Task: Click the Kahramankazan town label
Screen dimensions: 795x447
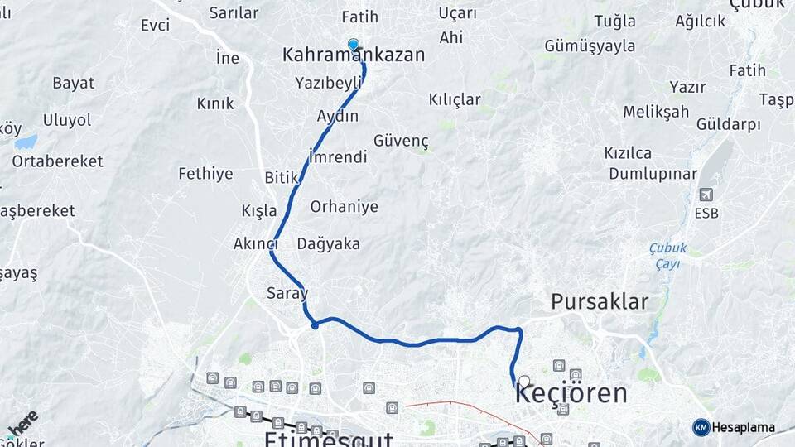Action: coord(354,55)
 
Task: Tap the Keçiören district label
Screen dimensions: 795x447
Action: coord(571,393)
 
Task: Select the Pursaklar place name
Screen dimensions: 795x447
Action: coord(600,301)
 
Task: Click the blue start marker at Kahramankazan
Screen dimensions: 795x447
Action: coord(354,44)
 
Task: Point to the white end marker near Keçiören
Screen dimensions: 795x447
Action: coord(523,382)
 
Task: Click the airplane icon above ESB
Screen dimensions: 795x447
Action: coord(706,195)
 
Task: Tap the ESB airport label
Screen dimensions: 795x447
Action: coord(706,213)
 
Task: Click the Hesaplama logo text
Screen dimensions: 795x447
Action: coord(743,428)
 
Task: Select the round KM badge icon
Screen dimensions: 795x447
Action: coord(701,428)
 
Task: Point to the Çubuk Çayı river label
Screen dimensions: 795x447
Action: coord(664,256)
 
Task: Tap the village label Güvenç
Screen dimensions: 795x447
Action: coord(401,141)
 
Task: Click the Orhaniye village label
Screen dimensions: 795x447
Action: coord(344,207)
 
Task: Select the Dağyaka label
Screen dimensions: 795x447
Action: coord(328,243)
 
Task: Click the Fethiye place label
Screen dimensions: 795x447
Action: coord(205,174)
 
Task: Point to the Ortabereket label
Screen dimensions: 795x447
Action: coord(57,161)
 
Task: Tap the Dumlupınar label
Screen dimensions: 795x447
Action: coord(653,174)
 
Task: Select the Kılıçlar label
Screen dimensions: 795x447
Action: coord(455,99)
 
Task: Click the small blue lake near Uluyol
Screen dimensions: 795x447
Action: coord(26,142)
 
